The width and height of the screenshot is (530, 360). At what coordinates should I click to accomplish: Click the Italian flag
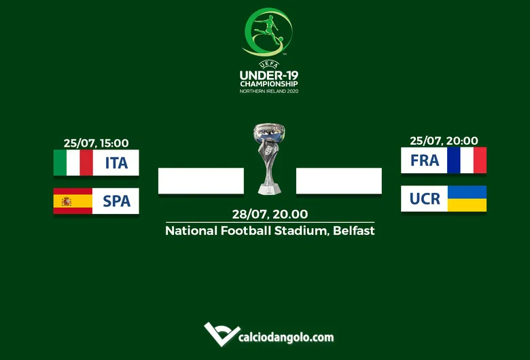(73, 163)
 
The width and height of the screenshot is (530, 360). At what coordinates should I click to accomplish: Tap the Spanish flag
(73, 201)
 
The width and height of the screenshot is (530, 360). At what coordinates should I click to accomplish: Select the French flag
(467, 160)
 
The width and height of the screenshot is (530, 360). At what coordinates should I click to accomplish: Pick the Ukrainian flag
(467, 198)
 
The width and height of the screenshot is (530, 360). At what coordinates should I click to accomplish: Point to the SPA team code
(116, 201)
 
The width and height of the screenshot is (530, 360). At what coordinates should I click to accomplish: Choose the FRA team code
(425, 160)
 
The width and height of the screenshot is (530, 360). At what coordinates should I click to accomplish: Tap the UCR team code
(425, 198)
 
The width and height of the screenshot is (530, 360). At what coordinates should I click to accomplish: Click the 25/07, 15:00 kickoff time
(96, 143)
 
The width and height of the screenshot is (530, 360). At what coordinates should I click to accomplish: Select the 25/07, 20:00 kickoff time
(444, 141)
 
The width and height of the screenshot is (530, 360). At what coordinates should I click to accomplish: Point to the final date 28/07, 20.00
(270, 214)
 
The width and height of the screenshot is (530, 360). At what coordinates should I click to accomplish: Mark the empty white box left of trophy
(201, 181)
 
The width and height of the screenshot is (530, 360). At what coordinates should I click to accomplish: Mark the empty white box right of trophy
(339, 181)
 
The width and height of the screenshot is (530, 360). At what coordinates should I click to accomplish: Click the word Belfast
(353, 231)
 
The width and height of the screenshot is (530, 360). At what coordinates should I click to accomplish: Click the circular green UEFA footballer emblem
(268, 32)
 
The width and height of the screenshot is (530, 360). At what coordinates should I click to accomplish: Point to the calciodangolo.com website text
(286, 337)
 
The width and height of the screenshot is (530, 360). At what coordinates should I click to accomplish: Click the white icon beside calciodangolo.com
(220, 334)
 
